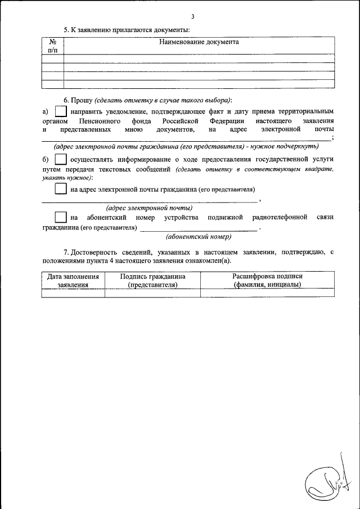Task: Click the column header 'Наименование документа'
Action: click(x=199, y=42)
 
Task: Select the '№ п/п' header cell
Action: click(x=53, y=46)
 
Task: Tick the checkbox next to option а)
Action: click(x=61, y=112)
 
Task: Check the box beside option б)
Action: click(x=61, y=160)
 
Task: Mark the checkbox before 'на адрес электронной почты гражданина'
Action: click(x=61, y=189)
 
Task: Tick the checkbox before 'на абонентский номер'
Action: click(x=61, y=218)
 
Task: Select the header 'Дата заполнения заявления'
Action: click(x=73, y=281)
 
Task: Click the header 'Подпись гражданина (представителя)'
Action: click(x=152, y=281)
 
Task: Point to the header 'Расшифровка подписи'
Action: click(x=268, y=277)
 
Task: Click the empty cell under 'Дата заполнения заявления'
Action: click(x=73, y=292)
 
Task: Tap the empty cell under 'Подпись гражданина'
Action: click(x=152, y=292)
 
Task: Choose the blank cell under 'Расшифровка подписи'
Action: click(x=268, y=292)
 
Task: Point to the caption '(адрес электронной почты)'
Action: click(x=149, y=208)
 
